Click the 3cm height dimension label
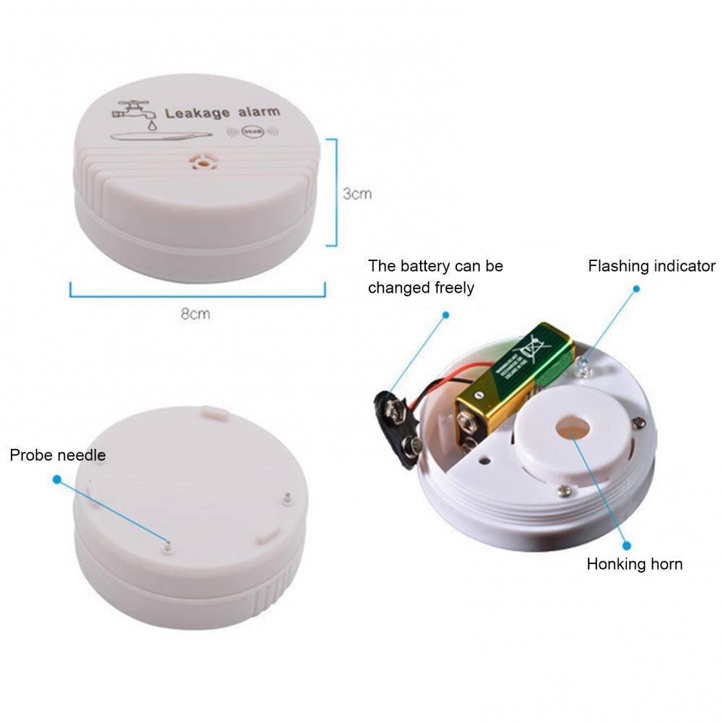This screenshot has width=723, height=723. (x=357, y=194)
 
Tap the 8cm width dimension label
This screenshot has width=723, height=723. (x=196, y=314)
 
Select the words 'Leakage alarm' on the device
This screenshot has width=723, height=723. (x=222, y=113)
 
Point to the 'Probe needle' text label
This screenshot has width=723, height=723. (x=58, y=455)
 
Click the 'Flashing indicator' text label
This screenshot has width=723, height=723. (x=651, y=266)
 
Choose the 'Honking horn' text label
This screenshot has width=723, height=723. (x=634, y=564)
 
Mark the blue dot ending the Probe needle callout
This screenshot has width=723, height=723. (x=57, y=478)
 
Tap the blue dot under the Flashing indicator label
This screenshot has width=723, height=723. (x=636, y=288)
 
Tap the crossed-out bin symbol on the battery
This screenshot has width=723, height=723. (x=527, y=353)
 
